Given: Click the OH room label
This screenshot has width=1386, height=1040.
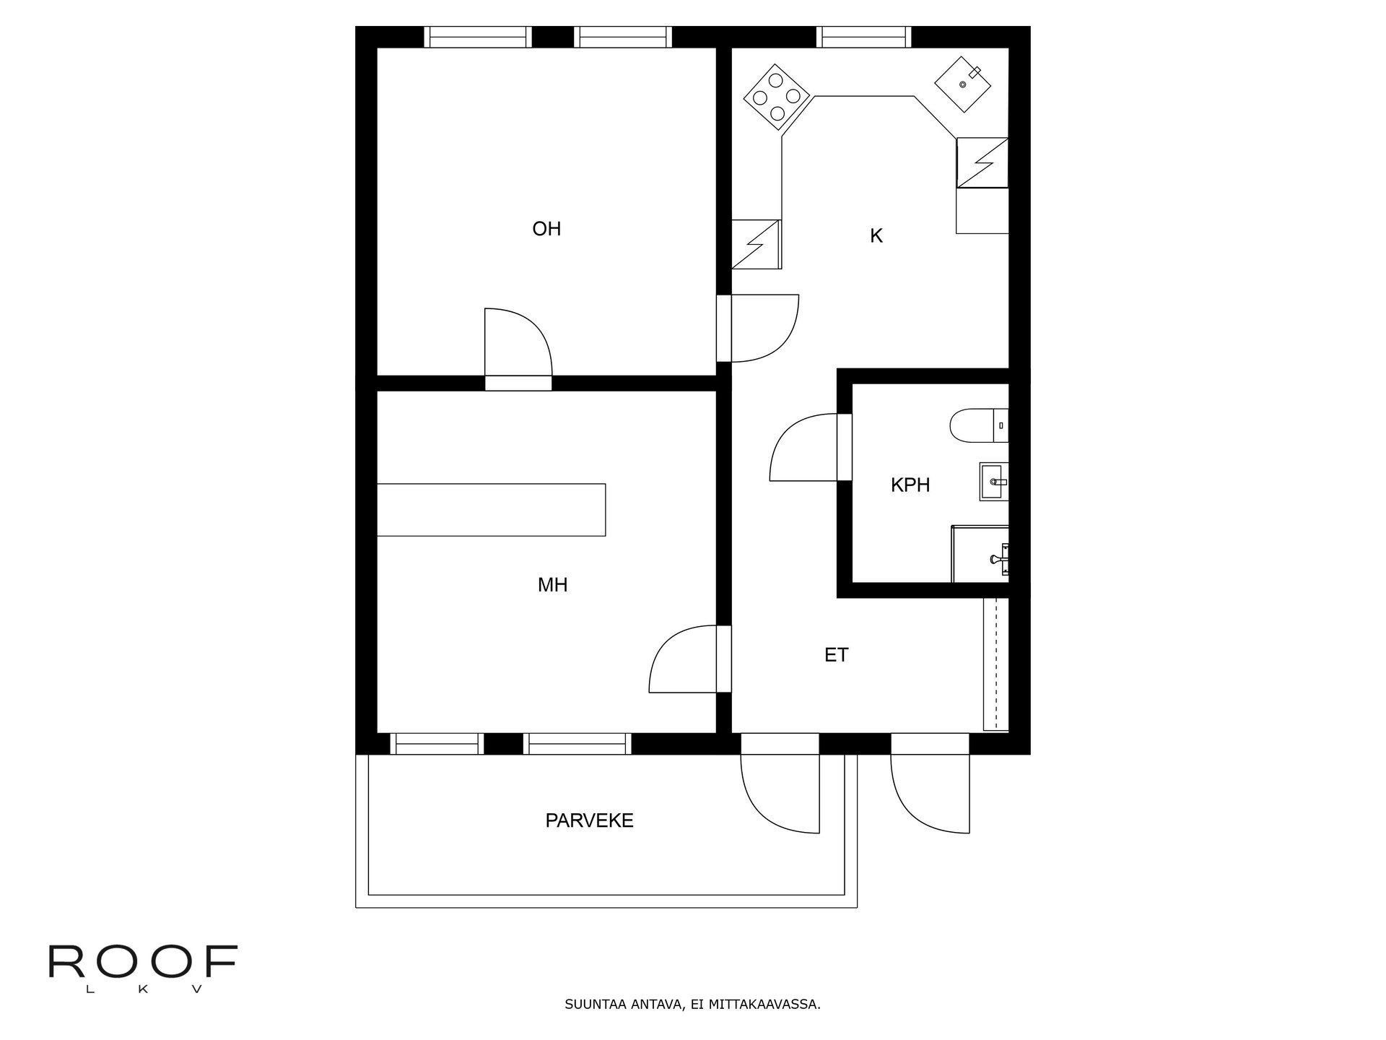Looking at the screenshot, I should (546, 229).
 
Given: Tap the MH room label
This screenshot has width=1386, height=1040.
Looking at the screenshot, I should (552, 585).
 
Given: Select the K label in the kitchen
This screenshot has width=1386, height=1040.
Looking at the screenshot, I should (876, 236).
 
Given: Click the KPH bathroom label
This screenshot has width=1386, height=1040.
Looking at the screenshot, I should (910, 485).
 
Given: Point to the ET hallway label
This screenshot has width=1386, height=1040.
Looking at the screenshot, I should (836, 655).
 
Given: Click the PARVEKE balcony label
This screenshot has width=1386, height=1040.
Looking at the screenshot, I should (589, 820).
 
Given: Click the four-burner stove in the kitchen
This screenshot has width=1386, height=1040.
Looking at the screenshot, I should (776, 97).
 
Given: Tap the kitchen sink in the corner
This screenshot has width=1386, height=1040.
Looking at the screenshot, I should (964, 84).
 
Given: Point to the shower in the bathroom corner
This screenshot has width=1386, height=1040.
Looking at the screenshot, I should (980, 555).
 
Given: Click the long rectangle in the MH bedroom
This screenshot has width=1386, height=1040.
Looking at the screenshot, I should (491, 510).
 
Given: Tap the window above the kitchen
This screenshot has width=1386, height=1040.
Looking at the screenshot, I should (863, 36).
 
